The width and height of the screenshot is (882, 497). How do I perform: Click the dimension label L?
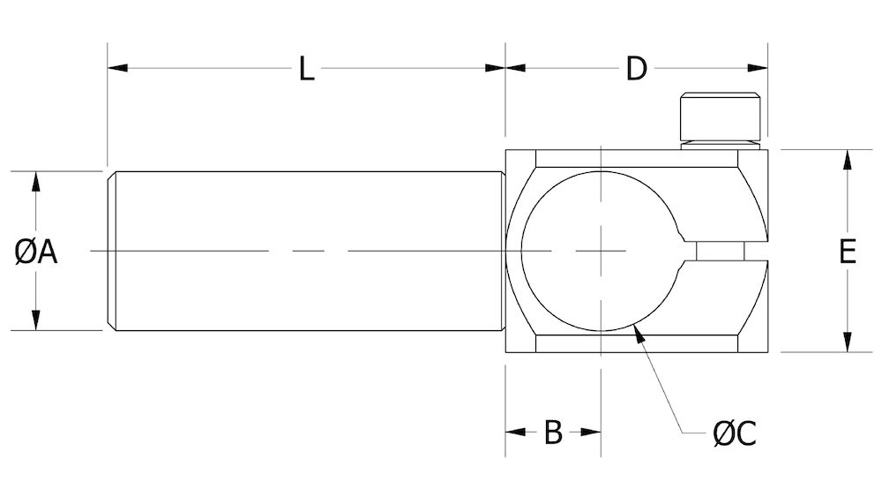coord(305,69)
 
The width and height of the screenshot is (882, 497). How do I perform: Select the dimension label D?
coord(636,69)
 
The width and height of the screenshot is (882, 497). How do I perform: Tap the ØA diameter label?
coord(36,252)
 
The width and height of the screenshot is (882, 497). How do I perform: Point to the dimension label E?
coord(847,252)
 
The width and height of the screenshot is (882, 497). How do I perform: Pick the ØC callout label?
coord(734,433)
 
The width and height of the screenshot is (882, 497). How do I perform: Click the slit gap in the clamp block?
coord(732,252)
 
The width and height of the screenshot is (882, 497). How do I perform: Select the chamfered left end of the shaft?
coord(112,252)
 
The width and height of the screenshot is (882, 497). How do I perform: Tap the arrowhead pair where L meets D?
coord(505,68)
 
